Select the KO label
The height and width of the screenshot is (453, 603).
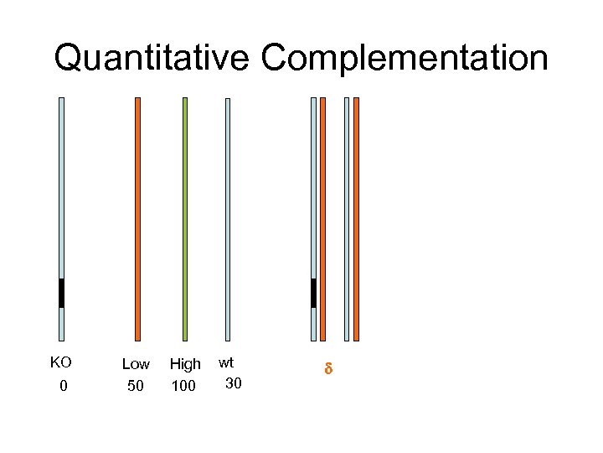pos(60,363)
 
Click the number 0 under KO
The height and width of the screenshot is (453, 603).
pos(62,385)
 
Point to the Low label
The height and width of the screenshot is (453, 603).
pos(136,364)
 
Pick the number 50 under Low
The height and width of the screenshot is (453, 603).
pos(136,386)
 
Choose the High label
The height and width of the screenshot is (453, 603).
pos(185,364)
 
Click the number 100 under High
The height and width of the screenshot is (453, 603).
pos(183,386)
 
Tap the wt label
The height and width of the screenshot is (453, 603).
pos(226,362)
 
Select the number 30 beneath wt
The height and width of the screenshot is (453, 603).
pos(234,383)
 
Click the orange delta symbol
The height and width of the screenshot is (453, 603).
pos(328,368)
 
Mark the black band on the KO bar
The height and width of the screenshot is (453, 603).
pos(61,293)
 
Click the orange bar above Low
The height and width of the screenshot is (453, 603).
pos(137,218)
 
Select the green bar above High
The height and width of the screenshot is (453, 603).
pos(185,218)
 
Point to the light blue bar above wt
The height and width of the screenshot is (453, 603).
pos(227,218)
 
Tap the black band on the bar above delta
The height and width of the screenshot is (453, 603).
pos(313,293)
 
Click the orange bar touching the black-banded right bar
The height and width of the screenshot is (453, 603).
pos(323,218)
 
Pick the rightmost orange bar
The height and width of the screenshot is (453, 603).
pos(356,218)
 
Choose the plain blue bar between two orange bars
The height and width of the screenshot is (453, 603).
pos(347,218)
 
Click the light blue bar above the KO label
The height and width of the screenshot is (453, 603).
pos(61,185)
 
